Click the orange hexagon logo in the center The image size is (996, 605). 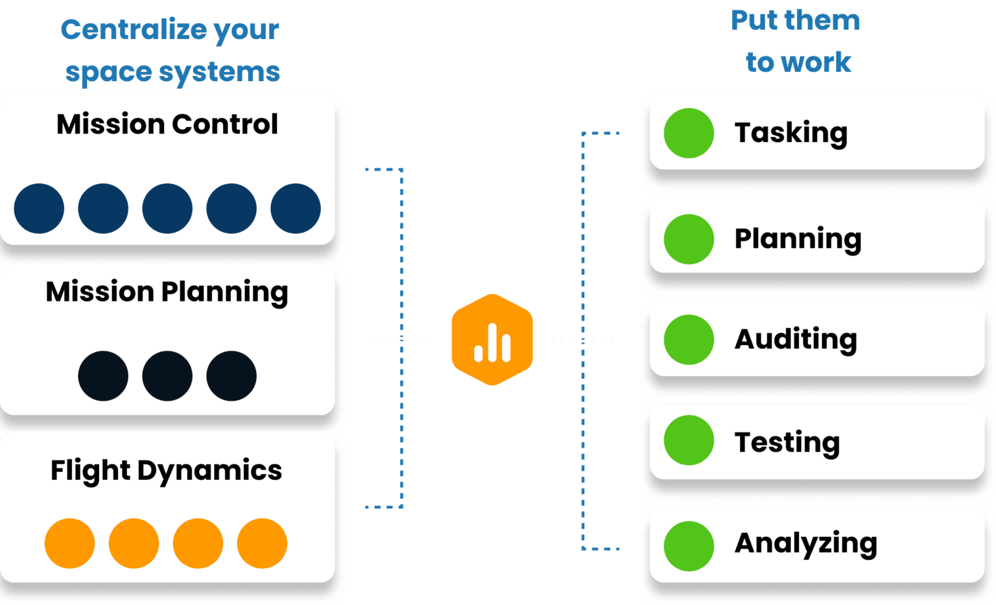tap(492, 340)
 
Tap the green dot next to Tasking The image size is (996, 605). tap(689, 133)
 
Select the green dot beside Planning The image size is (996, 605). tap(689, 239)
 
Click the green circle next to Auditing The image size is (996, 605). tap(689, 339)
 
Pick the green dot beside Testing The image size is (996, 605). tap(689, 440)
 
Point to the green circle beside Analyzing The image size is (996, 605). tap(689, 546)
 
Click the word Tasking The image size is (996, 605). tap(790, 133)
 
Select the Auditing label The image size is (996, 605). tap(796, 339)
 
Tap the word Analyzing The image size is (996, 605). tap(805, 543)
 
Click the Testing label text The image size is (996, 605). tap(787, 442)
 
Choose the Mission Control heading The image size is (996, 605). tap(167, 124)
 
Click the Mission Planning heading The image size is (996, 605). tap(167, 292)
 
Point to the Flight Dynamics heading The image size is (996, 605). tap(166, 471)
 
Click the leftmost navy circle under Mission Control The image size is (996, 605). tap(39, 208)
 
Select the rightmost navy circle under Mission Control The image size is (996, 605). tap(296, 208)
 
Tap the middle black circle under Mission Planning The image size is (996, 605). tap(167, 376)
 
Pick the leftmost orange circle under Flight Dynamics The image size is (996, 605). tap(69, 543)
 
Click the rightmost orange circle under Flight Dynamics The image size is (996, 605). tap(262, 543)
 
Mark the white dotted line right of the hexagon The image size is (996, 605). tap(582, 340)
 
